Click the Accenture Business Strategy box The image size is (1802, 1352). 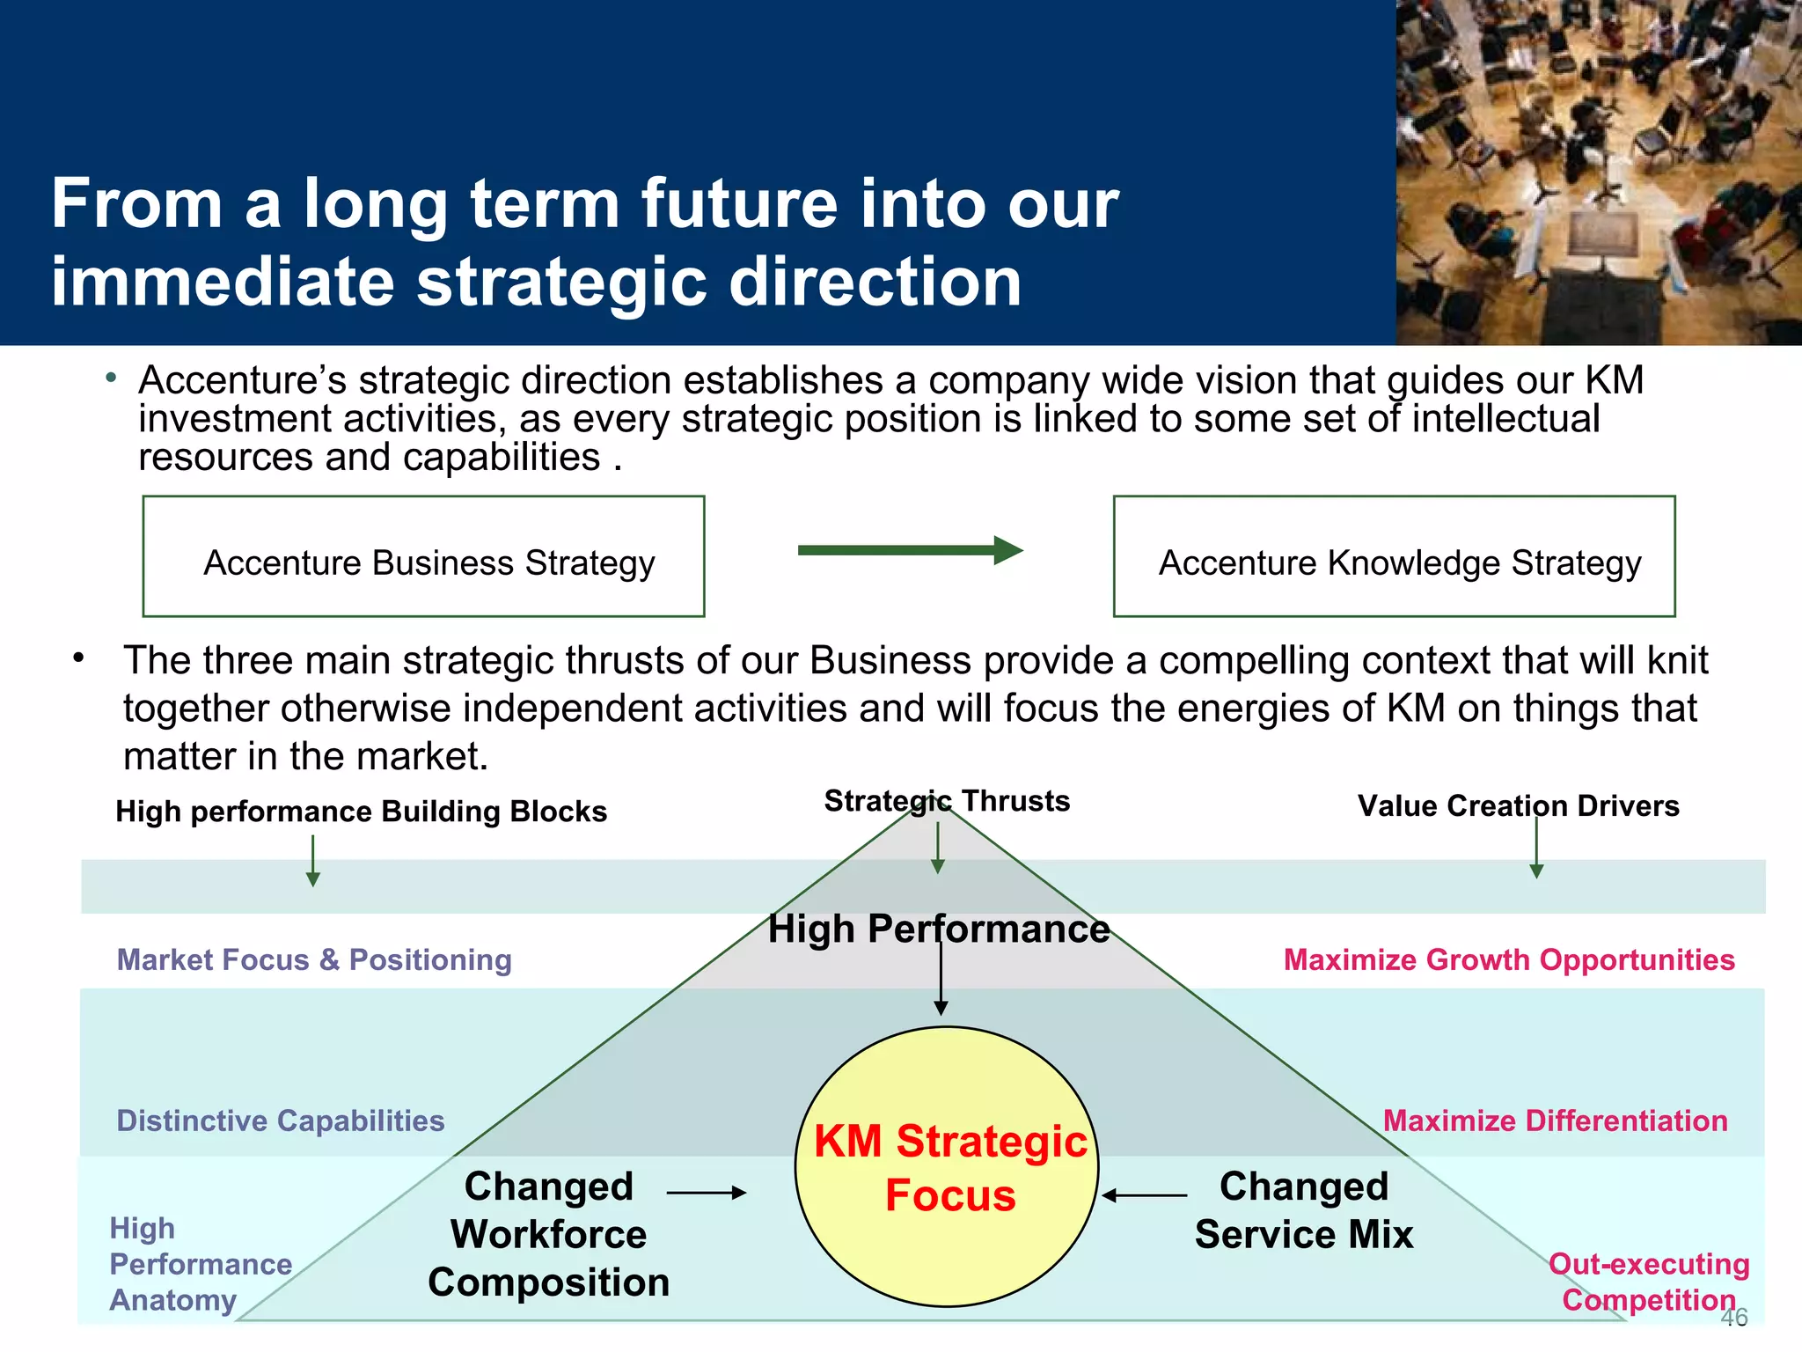423,556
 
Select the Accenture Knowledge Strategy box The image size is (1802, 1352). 1394,556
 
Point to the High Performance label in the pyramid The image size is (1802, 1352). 938,929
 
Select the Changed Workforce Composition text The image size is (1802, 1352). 548,1234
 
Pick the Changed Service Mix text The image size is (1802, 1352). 1303,1210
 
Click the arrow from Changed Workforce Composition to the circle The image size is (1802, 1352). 706,1193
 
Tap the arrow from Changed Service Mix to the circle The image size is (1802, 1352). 1145,1195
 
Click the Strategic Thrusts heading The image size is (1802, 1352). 947,801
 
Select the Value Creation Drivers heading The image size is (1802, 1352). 1518,805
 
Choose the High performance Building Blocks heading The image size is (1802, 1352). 361,811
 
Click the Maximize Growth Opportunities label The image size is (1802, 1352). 1508,959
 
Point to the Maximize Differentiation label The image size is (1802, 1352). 1555,1121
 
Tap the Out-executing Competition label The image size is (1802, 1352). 1648,1282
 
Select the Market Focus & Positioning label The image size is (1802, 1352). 314,959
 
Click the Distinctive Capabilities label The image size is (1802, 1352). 280,1121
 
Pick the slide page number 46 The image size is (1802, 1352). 1733,1318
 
